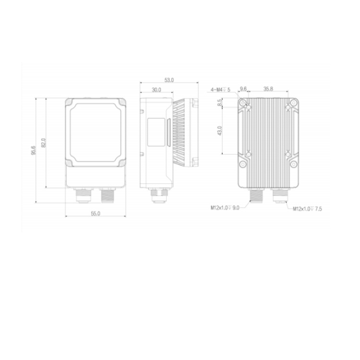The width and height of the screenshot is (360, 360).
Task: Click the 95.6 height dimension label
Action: click(x=34, y=150)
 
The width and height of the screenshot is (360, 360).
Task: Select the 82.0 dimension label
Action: click(x=44, y=143)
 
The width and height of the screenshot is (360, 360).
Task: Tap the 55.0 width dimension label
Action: click(x=96, y=214)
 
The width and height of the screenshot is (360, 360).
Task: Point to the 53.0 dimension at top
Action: click(x=169, y=80)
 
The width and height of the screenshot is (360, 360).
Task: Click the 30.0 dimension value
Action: click(x=156, y=90)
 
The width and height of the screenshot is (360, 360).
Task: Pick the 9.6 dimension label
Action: click(x=243, y=89)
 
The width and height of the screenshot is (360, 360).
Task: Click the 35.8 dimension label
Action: click(x=268, y=89)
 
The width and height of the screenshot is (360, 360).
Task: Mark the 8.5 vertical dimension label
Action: click(x=220, y=102)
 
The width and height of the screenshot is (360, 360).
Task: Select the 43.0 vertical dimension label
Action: click(x=219, y=131)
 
